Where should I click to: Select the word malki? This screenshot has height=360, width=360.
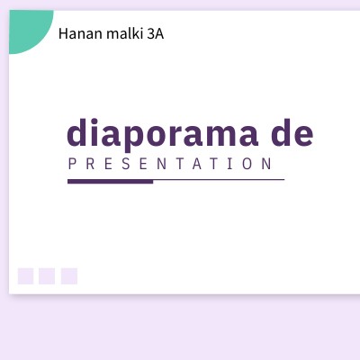pos(120,34)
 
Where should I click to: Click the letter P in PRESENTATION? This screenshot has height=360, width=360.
pos(72,165)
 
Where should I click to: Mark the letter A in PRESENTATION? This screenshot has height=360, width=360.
pos(197,165)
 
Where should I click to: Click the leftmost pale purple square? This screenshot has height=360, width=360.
pos(26,275)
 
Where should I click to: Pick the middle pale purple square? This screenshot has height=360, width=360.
pos(47,275)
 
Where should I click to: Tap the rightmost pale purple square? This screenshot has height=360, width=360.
pos(69,275)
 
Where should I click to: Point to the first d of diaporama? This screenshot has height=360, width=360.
pos(77,132)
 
